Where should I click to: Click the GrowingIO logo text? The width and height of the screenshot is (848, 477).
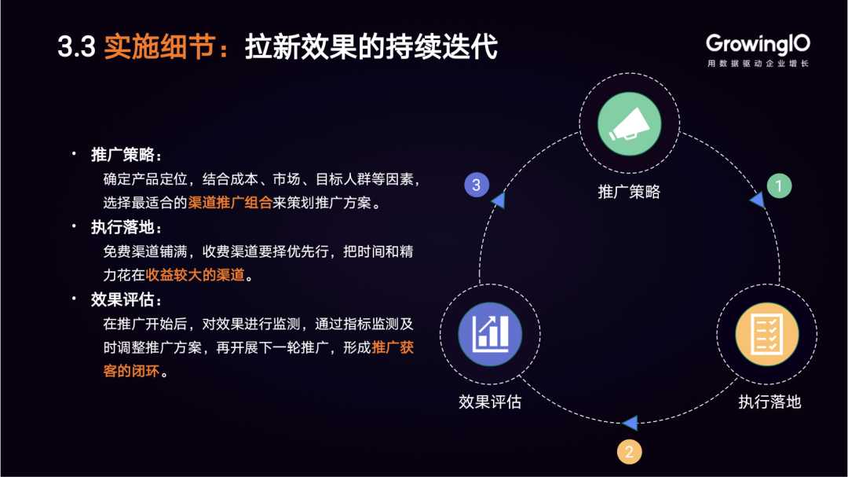[758, 44]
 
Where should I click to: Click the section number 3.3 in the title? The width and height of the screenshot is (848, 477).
[76, 47]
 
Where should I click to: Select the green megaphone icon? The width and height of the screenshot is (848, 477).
[630, 124]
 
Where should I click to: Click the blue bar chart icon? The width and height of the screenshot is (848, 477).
[490, 334]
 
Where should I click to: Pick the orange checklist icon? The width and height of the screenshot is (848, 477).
[767, 334]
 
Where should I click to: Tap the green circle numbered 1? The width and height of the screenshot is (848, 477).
[780, 185]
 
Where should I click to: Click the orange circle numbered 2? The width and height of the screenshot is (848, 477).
[629, 452]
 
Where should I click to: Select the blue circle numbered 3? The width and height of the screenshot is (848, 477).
[477, 185]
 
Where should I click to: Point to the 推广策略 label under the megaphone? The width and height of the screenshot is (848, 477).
[629, 192]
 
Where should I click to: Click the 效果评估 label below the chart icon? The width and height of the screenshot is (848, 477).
[490, 402]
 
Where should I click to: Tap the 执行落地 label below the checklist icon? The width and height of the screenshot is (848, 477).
[769, 402]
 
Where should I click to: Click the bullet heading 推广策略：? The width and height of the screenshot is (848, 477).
[126, 155]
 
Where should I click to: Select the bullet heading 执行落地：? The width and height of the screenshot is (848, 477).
[126, 227]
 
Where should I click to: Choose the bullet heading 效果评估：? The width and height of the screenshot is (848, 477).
[126, 300]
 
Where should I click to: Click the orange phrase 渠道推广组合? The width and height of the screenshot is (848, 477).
[230, 203]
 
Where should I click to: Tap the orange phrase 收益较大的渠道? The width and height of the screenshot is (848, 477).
[196, 275]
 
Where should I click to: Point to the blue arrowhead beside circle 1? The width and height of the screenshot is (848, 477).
[757, 200]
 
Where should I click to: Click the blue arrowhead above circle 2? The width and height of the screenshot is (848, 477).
[630, 423]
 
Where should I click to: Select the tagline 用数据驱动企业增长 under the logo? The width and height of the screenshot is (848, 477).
[758, 64]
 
